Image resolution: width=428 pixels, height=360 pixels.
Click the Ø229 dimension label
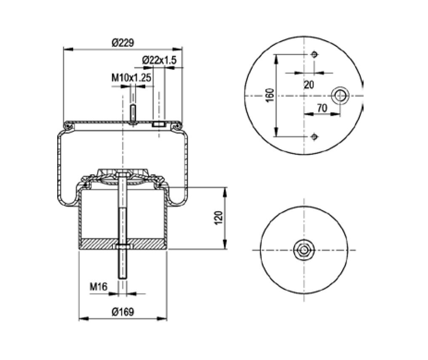[123, 42]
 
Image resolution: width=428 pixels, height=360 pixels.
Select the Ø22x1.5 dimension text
[159, 60]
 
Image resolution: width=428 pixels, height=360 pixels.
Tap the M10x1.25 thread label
[131, 78]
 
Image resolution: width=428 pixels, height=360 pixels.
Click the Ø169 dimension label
[123, 312]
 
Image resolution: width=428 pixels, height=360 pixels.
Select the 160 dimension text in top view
[270, 95]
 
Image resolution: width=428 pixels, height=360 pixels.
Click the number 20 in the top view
[309, 85]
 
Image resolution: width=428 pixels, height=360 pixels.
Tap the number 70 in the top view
[322, 108]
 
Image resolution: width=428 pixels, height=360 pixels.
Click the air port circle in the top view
[339, 96]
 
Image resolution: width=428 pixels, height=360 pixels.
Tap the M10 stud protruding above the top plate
[133, 113]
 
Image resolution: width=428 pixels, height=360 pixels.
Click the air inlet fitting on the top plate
[159, 124]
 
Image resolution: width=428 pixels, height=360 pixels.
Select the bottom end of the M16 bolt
[122, 278]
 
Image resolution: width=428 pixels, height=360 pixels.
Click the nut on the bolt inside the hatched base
[122, 246]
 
